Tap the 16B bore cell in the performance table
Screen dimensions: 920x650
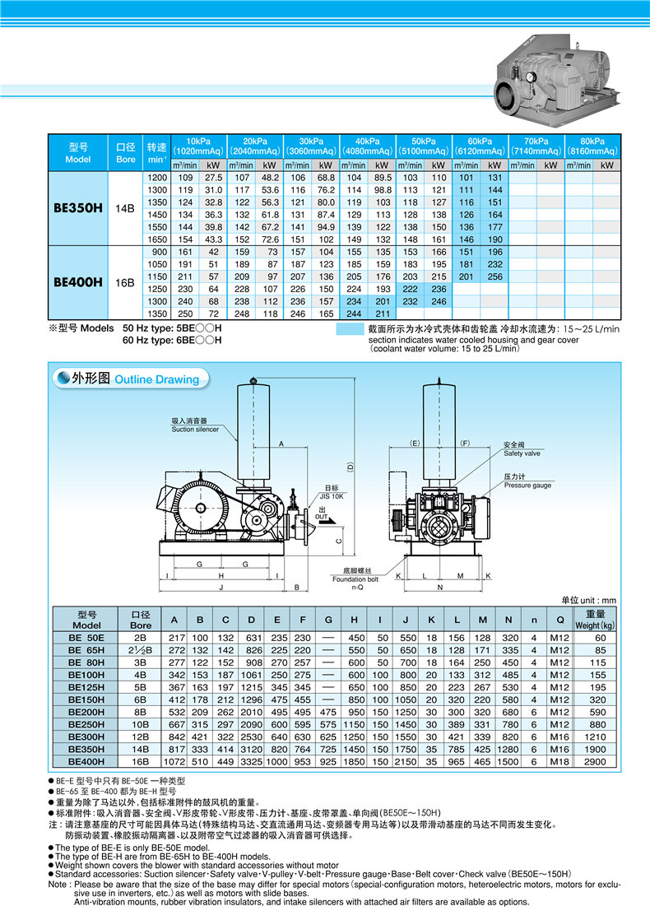tap(124, 282)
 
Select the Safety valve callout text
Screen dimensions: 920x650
tap(522, 449)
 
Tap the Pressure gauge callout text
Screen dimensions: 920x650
tap(527, 481)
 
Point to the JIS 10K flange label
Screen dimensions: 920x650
tap(331, 491)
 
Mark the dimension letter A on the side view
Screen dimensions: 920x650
tap(281, 444)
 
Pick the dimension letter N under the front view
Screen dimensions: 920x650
tap(440, 588)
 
